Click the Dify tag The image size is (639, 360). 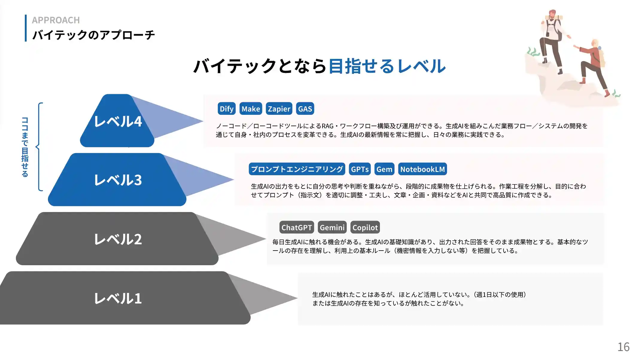226,109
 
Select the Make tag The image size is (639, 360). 251,109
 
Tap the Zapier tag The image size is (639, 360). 279,109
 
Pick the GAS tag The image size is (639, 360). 305,109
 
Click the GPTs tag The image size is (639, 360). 360,169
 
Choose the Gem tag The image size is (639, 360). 384,169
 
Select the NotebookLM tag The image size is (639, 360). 422,169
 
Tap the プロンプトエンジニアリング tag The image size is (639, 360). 297,169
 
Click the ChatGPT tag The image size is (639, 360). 296,228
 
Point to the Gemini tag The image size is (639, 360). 332,228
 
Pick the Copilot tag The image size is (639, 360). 365,228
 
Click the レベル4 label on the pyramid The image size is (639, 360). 118,121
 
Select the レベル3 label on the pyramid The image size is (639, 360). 118,180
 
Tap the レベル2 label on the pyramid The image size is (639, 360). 118,239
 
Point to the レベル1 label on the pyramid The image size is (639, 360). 118,298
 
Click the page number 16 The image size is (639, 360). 623,347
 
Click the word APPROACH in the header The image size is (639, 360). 56,20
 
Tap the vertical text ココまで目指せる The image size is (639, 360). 25,147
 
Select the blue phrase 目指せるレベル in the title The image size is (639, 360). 387,66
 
